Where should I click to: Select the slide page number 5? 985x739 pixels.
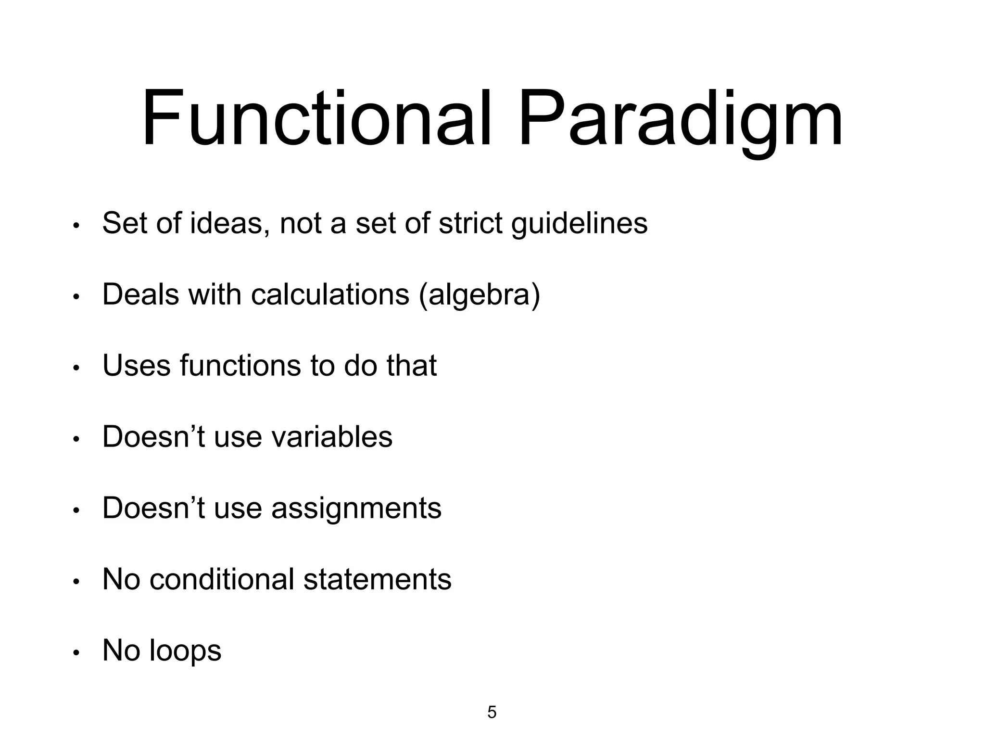click(492, 712)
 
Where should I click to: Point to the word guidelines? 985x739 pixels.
click(579, 224)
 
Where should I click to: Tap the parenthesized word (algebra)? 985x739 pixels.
click(480, 295)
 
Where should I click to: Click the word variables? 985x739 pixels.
click(332, 436)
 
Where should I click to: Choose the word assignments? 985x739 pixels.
click(356, 509)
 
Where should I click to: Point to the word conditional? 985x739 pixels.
click(222, 579)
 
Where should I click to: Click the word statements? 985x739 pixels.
click(378, 579)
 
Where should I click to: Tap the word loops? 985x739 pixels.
click(185, 651)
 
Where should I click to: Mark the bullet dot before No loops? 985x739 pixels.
click(76, 653)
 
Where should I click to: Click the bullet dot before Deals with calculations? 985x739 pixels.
click(76, 298)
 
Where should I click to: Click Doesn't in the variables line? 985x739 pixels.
click(153, 436)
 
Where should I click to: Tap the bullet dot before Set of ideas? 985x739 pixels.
click(76, 227)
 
